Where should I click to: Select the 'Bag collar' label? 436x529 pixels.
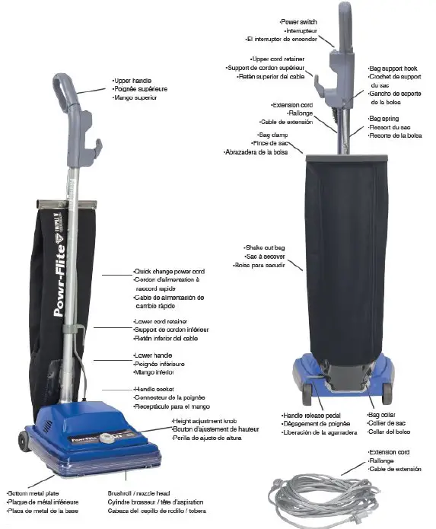point(381,416)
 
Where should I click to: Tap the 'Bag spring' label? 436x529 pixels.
point(385,120)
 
